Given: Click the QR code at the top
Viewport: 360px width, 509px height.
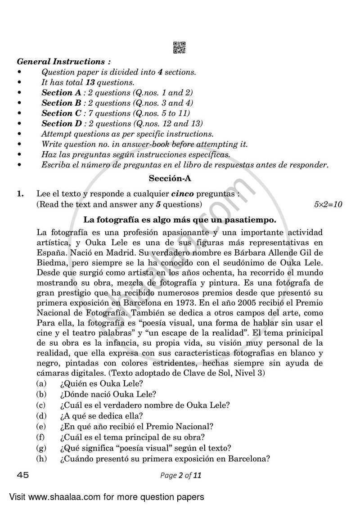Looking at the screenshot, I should [x=180, y=48].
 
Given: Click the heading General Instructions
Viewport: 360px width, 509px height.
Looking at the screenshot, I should [x=64, y=62].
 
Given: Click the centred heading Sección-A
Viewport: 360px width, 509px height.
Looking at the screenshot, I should [x=170, y=178].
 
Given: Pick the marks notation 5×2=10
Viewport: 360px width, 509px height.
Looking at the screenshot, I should [x=328, y=204].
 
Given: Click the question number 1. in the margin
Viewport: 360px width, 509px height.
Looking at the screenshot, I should [x=21, y=194].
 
